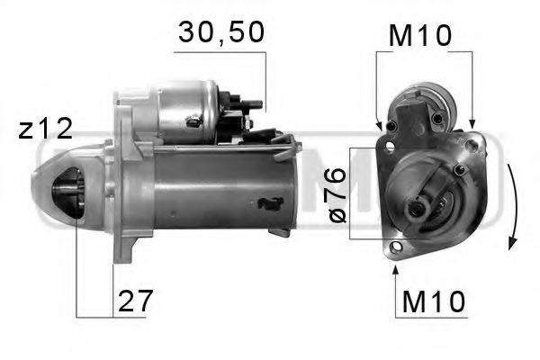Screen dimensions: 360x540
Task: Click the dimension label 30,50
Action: click(x=220, y=34)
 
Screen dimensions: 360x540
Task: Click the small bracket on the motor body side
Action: click(x=267, y=203)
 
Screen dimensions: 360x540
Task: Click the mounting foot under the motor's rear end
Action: click(x=279, y=231)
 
